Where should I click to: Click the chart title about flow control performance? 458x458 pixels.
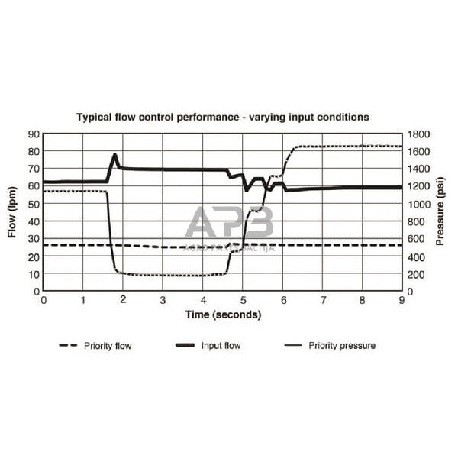222,118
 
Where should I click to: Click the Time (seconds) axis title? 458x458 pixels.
223,314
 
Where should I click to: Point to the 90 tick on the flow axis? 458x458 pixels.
34,134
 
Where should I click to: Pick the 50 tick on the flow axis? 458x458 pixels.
34,204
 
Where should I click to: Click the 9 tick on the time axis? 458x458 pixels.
402,300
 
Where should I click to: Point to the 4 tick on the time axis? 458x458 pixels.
203,300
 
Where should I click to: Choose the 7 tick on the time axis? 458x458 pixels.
323,300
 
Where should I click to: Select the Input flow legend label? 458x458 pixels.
221,346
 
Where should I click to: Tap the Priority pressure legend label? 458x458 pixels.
342,346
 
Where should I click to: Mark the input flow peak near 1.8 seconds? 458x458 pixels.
115,155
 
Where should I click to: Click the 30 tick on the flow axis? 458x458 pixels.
34,239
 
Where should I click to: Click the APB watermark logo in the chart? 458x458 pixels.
229,223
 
